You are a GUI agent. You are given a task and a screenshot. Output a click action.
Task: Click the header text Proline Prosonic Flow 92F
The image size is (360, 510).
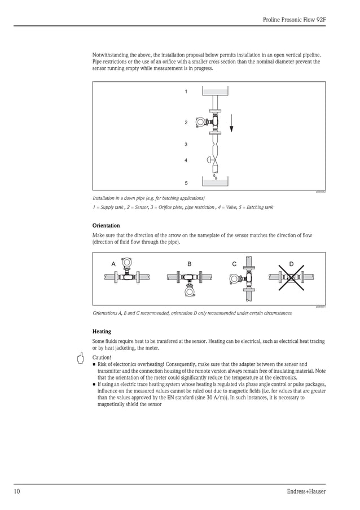click(x=294, y=19)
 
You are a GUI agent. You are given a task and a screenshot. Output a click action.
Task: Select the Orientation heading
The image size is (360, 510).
click(x=106, y=225)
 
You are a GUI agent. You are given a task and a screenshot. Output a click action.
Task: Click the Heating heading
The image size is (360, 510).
click(x=102, y=332)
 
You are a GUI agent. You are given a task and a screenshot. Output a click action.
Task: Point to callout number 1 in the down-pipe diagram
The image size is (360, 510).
click(x=186, y=91)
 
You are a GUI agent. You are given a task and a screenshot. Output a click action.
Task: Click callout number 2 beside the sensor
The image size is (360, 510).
click(x=186, y=123)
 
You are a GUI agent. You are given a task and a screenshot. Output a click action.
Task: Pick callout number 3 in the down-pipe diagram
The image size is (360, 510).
click(x=186, y=145)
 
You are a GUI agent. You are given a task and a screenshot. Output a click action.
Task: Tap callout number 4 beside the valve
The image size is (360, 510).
click(x=186, y=160)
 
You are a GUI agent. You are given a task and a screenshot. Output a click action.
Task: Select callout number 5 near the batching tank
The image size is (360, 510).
click(x=186, y=184)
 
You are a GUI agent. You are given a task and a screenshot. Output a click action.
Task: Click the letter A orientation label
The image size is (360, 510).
click(x=113, y=264)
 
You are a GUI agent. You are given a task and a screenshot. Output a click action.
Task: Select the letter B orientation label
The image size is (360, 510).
click(x=190, y=264)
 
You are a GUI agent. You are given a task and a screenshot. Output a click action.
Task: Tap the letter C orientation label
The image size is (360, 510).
click(x=234, y=264)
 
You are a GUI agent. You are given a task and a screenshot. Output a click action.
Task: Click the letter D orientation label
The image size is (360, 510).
click(x=291, y=264)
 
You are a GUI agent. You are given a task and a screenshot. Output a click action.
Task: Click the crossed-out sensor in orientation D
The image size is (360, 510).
click(x=291, y=277)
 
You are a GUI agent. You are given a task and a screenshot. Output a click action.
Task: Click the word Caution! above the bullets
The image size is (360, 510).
click(x=102, y=358)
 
